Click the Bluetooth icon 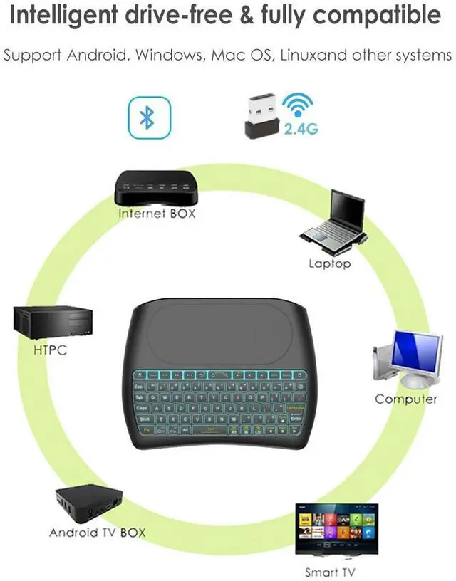pyautogui.click(x=147, y=118)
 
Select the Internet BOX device pyautogui.click(x=154, y=187)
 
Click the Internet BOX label pyautogui.click(x=156, y=213)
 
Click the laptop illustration pyautogui.click(x=335, y=221)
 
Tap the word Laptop pyautogui.click(x=329, y=263)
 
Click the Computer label pyautogui.click(x=406, y=399)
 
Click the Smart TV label pyautogui.click(x=329, y=572)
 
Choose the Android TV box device pyautogui.click(x=85, y=503)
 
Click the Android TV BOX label pyautogui.click(x=97, y=533)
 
